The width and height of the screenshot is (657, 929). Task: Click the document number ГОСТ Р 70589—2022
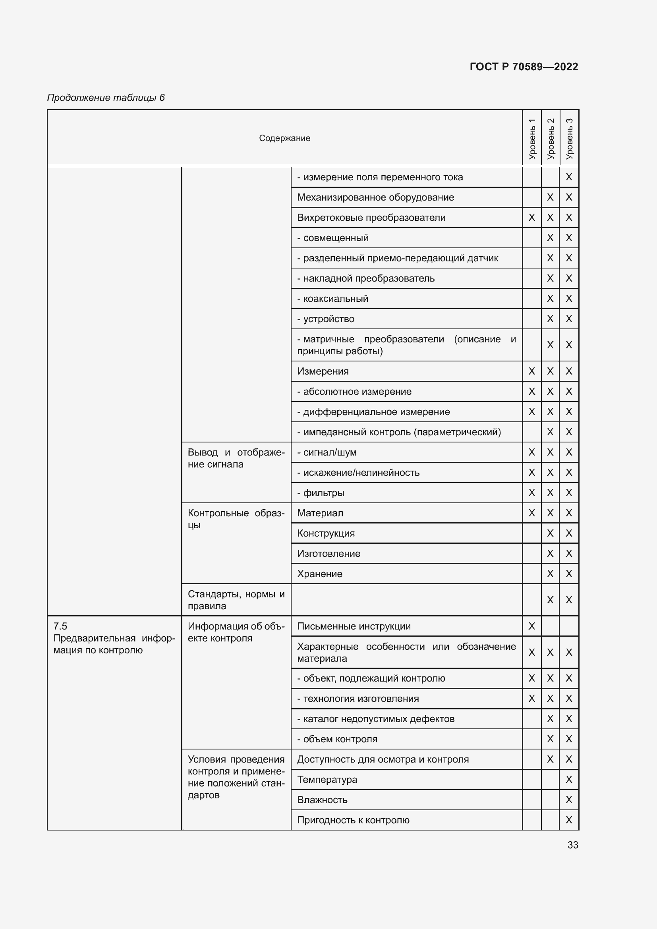coord(524,67)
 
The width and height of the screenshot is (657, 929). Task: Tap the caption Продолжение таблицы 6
coord(106,98)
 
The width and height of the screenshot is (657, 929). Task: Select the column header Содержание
coord(284,138)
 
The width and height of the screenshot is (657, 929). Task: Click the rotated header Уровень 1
coord(531,138)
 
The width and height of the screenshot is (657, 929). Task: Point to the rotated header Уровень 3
coord(569,138)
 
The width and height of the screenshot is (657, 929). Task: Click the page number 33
coord(572,845)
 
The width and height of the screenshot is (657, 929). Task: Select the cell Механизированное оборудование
coord(375,197)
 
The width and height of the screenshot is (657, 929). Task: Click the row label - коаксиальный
coord(332,299)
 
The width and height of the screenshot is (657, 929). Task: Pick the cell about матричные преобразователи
coord(406,345)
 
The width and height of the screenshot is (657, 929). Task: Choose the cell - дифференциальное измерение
coord(373,412)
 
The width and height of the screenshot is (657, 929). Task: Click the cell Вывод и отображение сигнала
coord(236,458)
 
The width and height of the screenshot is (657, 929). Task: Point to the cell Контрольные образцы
coord(236,519)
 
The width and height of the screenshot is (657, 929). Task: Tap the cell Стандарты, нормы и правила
coord(236,600)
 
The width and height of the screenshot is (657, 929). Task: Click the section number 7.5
coord(60,626)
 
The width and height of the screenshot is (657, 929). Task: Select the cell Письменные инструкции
coord(354,626)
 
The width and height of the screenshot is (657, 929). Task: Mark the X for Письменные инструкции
coord(531,626)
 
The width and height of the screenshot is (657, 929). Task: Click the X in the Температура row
coord(569,779)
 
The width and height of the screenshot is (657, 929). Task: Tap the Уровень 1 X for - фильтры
coord(531,493)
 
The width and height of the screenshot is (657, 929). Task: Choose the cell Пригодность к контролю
coord(353,820)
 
